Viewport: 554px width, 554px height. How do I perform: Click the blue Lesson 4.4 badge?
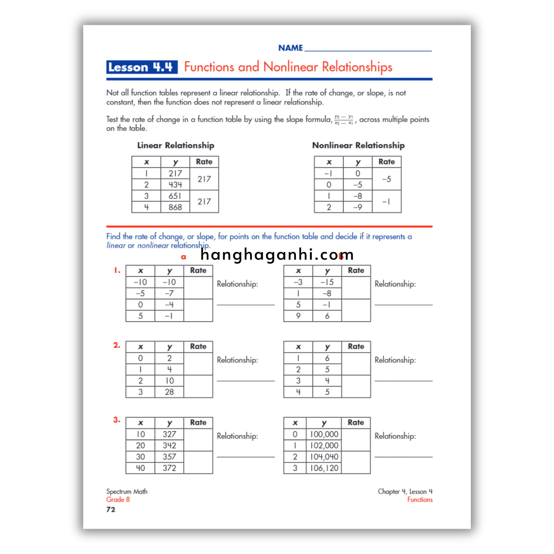click(x=142, y=67)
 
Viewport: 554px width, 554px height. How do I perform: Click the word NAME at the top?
click(x=290, y=48)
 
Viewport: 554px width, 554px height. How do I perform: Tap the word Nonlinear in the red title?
click(x=290, y=67)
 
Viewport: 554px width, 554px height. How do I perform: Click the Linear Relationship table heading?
click(x=176, y=145)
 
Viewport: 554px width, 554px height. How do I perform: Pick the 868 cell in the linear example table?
click(x=175, y=207)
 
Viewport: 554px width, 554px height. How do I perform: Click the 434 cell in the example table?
click(x=175, y=185)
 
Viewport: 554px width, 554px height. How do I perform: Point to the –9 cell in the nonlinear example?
click(x=357, y=207)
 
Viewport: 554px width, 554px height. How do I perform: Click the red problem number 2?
click(x=117, y=345)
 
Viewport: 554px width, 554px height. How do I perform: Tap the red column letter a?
click(x=183, y=257)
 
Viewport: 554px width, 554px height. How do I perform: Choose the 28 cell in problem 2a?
click(x=169, y=392)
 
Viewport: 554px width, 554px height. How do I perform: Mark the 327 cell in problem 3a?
click(x=169, y=434)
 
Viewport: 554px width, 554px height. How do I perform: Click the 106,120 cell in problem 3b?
click(x=324, y=468)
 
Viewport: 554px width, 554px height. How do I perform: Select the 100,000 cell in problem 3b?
click(x=324, y=434)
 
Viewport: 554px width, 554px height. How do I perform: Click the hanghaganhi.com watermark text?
click(x=277, y=255)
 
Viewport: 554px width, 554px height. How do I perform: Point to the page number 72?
click(x=111, y=510)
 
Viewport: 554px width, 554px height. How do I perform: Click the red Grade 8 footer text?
click(x=118, y=500)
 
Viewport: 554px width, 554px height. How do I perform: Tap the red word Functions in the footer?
click(x=420, y=500)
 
